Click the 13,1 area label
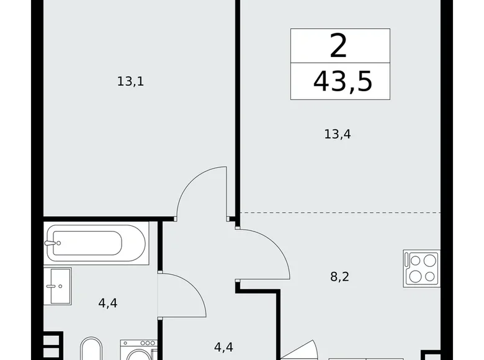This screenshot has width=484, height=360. pyautogui.click(x=130, y=81)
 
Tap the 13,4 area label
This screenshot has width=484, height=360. pyautogui.click(x=338, y=133)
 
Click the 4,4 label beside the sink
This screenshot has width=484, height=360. pyautogui.click(x=108, y=303)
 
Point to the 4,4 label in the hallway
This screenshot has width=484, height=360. pyautogui.click(x=223, y=346)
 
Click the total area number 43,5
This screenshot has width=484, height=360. pyautogui.click(x=343, y=81)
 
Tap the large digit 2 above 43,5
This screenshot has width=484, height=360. pyautogui.click(x=339, y=47)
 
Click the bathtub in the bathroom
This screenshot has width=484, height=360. pyautogui.click(x=96, y=243)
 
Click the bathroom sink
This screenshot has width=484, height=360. pyautogui.click(x=58, y=286)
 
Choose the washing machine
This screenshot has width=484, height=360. pyautogui.click(x=139, y=351)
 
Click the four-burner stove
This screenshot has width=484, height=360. pyautogui.click(x=421, y=268)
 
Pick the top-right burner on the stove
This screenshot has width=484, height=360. pyautogui.click(x=429, y=260)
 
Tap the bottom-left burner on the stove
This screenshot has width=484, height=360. pyautogui.click(x=413, y=277)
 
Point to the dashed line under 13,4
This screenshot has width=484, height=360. pyautogui.click(x=341, y=213)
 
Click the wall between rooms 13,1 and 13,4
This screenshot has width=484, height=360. pyautogui.click(x=237, y=106)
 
